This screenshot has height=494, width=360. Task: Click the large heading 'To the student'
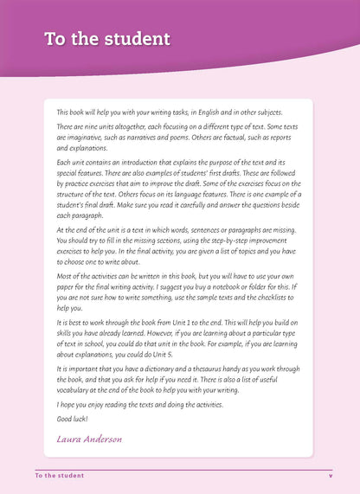pyautogui.click(x=106, y=39)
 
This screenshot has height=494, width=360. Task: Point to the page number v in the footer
pyautogui.click(x=330, y=475)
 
